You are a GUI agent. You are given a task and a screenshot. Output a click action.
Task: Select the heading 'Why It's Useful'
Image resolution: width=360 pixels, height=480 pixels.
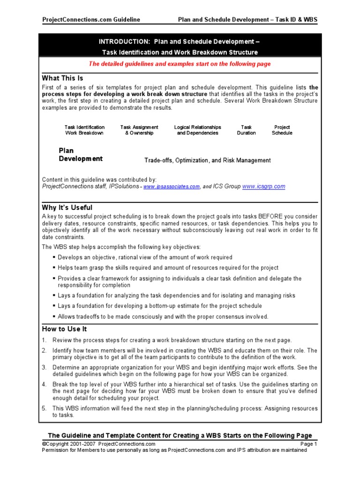[x=67, y=207]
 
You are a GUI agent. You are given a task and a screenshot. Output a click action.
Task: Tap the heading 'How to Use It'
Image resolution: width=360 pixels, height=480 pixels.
[x=64, y=329]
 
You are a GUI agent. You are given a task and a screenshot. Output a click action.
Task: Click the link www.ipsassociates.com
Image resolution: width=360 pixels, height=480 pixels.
[x=172, y=187]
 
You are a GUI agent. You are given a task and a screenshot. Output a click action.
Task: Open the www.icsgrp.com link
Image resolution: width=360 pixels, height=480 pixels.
[x=264, y=186]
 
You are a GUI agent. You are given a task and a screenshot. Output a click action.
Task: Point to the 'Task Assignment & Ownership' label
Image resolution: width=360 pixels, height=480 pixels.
[x=139, y=130]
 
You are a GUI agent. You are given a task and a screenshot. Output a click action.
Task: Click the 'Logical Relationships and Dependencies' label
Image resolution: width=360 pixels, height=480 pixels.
[x=197, y=130]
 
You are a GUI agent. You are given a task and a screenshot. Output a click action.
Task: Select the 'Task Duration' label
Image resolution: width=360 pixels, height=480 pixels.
[x=246, y=130]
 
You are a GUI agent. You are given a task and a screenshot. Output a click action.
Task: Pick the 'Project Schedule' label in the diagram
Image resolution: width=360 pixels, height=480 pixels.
[x=282, y=130]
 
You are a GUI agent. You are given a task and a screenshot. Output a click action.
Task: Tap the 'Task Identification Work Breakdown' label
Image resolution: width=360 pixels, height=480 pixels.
[x=84, y=130]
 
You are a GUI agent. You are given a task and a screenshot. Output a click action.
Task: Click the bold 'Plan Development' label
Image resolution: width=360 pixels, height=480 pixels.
[x=80, y=155]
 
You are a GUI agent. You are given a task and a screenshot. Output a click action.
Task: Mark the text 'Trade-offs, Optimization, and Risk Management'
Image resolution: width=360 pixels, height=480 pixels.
[x=207, y=160]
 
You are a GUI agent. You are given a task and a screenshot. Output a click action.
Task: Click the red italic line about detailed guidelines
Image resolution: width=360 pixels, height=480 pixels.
[x=180, y=64]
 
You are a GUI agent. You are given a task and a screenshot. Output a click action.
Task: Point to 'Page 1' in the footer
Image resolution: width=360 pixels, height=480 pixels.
[x=309, y=444]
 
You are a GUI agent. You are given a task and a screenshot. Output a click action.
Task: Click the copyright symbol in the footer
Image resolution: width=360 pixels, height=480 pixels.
[x=44, y=444]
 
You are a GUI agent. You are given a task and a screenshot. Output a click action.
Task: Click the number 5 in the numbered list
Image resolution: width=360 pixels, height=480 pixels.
[x=44, y=409]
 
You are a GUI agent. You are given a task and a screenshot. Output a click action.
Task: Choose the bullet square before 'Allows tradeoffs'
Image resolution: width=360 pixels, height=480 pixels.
[x=54, y=316]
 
